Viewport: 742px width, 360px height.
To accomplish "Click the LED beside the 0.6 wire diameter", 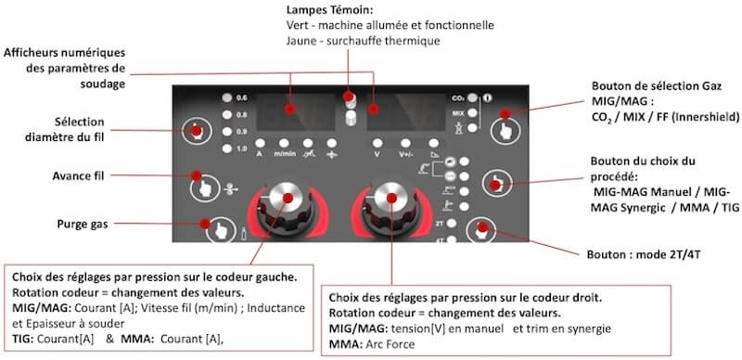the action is [x=227, y=98].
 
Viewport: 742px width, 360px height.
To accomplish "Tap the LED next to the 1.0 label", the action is [x=227, y=148].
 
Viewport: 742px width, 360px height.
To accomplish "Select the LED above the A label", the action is [x=260, y=143].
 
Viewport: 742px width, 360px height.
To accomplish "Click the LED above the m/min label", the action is [x=284, y=143].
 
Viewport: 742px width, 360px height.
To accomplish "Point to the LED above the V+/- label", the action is [x=405, y=143].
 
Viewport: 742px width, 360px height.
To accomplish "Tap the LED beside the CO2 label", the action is [x=472, y=98].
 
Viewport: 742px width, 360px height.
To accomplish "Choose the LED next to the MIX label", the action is [x=472, y=113].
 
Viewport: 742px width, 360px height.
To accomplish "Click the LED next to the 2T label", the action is [x=452, y=224].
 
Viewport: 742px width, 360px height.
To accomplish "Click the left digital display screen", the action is [x=296, y=111].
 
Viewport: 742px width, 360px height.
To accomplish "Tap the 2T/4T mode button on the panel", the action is [x=480, y=230].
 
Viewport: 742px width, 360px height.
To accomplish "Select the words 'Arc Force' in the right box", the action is [x=390, y=344].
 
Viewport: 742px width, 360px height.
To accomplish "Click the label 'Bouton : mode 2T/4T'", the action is [x=643, y=254].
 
